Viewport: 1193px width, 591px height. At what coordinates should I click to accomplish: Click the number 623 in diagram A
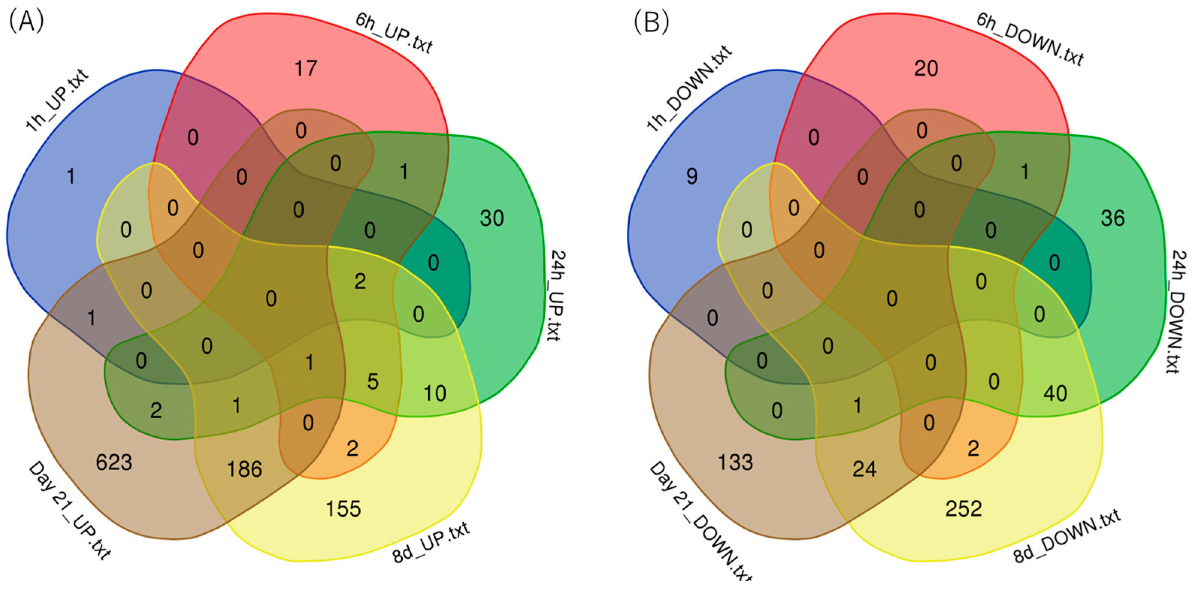(x=114, y=462)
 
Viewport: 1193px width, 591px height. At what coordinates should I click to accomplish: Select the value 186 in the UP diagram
(x=244, y=469)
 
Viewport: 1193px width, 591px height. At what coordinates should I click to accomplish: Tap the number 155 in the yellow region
(x=343, y=509)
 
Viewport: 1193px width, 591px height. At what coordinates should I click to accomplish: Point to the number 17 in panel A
(x=305, y=68)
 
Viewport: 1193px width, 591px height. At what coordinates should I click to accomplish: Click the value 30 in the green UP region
(x=491, y=219)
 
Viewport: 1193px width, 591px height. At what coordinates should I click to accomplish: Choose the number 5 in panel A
(x=373, y=382)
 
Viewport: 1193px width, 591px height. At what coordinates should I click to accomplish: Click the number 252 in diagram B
(x=963, y=509)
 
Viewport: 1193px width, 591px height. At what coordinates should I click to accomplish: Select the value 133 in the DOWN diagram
(x=735, y=462)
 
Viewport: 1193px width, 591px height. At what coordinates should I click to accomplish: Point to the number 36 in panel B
(x=1113, y=219)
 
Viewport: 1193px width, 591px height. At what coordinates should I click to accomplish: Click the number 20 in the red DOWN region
(x=926, y=68)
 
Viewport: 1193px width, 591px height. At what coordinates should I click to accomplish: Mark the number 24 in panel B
(x=864, y=469)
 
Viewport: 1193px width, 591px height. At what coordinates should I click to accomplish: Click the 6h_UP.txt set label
(x=394, y=32)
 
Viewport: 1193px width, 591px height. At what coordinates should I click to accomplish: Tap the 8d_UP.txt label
(x=431, y=543)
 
